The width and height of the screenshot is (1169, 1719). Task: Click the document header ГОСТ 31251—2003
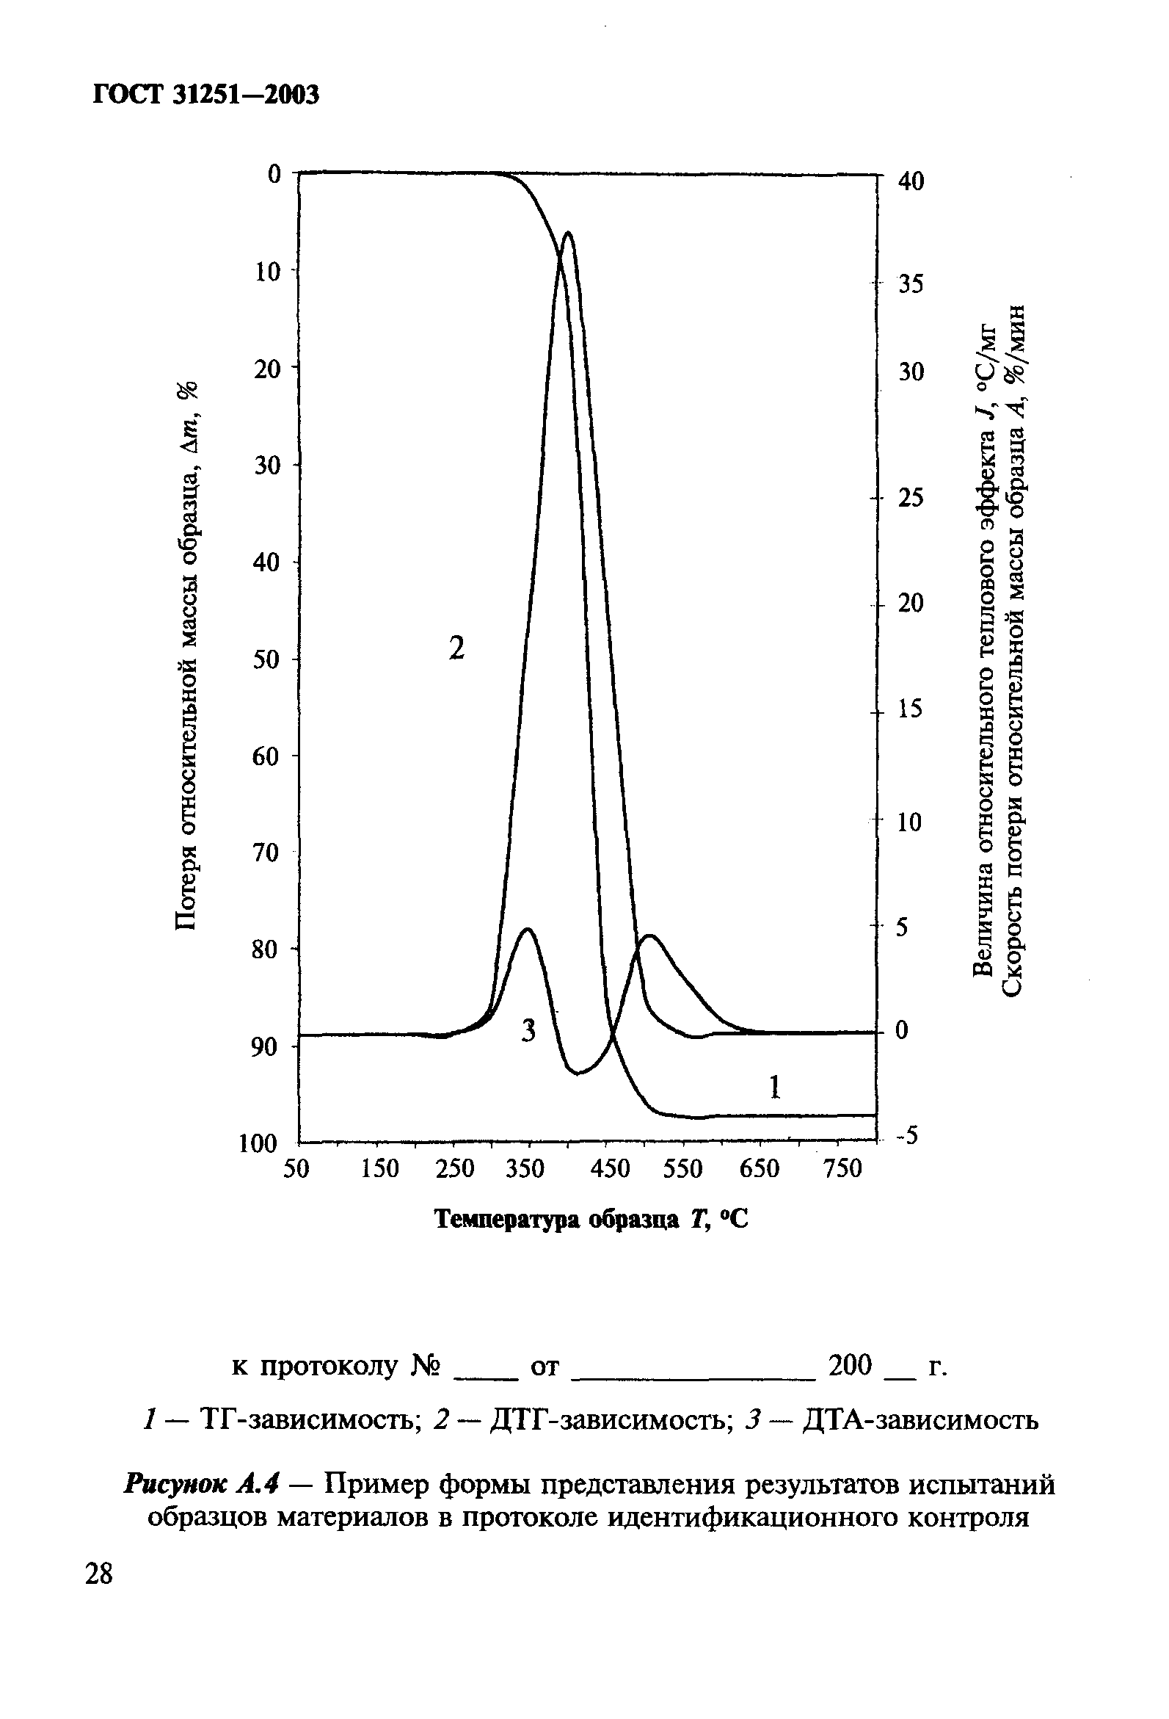pos(206,95)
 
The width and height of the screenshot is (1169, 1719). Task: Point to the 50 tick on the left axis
pos(267,659)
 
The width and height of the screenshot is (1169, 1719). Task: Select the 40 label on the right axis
pos(911,181)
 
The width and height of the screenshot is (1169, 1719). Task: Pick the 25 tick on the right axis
pos(911,498)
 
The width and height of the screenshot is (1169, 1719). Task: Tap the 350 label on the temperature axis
pos(525,1169)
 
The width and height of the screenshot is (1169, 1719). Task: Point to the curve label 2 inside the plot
pos(457,648)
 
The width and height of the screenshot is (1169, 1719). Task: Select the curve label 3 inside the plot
pos(528,1029)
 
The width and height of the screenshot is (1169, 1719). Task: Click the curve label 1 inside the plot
pos(775,1087)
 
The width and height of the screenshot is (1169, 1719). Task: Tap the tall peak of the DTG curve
pos(567,233)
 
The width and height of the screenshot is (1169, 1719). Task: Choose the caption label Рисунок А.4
pos(203,1484)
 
